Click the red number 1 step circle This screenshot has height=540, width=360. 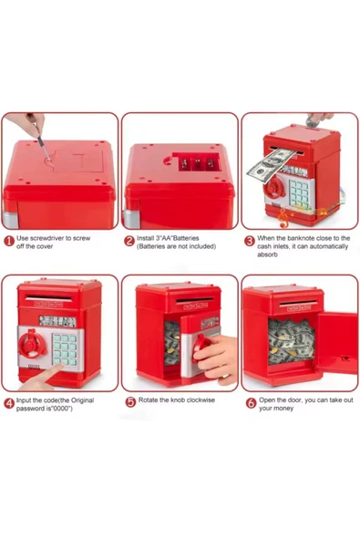(x=8, y=242)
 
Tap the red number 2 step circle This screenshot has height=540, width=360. (x=129, y=242)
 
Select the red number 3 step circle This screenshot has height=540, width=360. (x=250, y=242)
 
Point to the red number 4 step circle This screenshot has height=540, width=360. (x=8, y=402)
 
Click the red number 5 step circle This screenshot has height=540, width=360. (x=129, y=401)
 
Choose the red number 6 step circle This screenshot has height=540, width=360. (x=250, y=402)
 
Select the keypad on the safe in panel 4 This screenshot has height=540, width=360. (x=64, y=348)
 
